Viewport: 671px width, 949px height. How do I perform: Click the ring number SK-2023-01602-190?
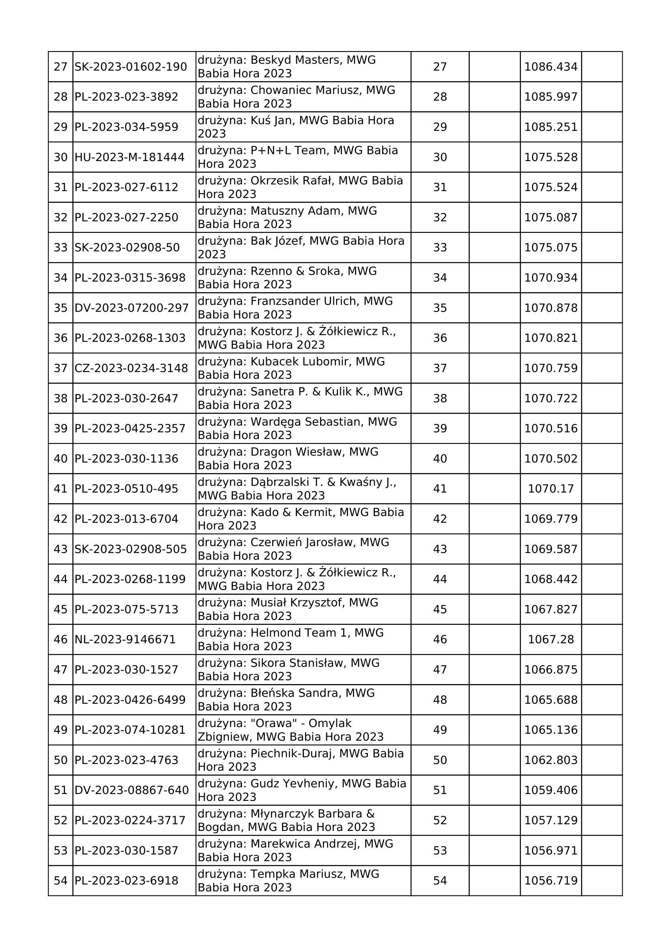click(131, 67)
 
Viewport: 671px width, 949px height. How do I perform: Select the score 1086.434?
click(551, 67)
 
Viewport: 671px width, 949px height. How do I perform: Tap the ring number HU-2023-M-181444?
click(129, 157)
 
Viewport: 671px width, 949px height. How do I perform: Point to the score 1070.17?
click(551, 488)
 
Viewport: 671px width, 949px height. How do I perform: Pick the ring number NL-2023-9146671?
click(125, 639)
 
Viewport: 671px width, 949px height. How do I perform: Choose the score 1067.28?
click(551, 639)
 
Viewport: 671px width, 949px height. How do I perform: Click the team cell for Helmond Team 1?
click(303, 639)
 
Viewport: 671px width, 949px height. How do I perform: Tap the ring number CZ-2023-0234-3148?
click(131, 368)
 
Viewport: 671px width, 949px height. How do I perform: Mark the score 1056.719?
click(551, 880)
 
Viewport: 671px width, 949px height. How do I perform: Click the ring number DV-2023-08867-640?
click(131, 790)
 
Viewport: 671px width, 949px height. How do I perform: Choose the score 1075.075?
click(551, 247)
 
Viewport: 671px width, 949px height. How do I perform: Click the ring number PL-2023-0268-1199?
click(130, 579)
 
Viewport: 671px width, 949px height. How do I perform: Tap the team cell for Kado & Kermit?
click(303, 519)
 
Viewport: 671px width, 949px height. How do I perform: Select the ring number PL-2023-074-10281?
click(130, 730)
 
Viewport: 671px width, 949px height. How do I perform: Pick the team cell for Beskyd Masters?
click(303, 67)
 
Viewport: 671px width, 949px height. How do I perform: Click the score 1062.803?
click(551, 760)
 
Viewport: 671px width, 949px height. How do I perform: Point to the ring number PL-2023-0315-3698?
click(130, 278)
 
